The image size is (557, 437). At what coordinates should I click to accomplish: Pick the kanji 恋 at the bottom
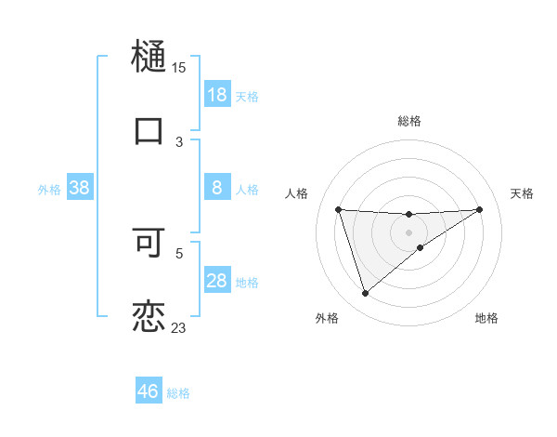tap(149, 315)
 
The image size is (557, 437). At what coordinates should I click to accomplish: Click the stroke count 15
tap(178, 67)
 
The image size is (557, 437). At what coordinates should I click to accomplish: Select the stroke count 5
tap(179, 251)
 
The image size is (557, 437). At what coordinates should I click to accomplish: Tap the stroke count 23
tap(178, 327)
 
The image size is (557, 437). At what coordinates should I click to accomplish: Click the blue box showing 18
tap(217, 95)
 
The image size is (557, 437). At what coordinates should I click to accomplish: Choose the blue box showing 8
tap(217, 189)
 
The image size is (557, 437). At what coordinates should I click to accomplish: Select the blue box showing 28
tap(217, 281)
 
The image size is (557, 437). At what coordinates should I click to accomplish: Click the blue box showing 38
tap(80, 189)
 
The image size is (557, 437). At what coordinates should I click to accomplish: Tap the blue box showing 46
tap(149, 391)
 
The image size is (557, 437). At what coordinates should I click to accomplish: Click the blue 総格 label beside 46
tap(178, 393)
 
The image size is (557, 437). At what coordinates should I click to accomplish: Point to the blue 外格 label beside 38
tap(49, 190)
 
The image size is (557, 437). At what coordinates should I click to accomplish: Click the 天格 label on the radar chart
tap(522, 193)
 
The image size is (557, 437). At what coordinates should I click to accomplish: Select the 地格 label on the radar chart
tap(486, 318)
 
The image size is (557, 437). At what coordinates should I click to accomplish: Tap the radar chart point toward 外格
tap(365, 294)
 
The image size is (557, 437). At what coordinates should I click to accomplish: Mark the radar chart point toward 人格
tap(339, 209)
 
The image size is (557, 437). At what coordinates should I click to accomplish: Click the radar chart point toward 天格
tap(479, 209)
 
